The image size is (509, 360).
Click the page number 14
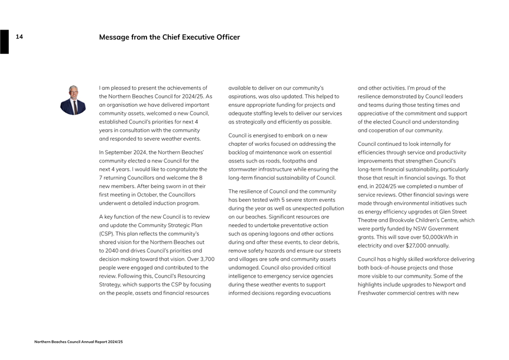click(19, 37)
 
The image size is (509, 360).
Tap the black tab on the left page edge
click(4, 42)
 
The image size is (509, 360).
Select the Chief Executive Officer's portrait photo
click(73, 100)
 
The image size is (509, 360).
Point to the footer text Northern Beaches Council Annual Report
click(78, 342)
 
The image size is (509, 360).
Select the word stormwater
click(243, 169)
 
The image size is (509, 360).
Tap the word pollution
click(331, 208)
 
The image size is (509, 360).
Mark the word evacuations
click(316, 293)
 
